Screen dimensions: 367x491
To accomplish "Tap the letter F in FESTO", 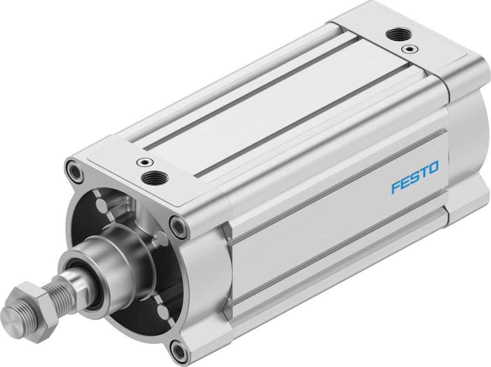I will tap(396, 187).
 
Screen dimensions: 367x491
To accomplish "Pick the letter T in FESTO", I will tap(422, 173).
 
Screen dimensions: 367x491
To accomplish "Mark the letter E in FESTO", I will tap(405, 182).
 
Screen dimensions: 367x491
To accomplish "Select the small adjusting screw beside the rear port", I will tap(409, 48).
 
